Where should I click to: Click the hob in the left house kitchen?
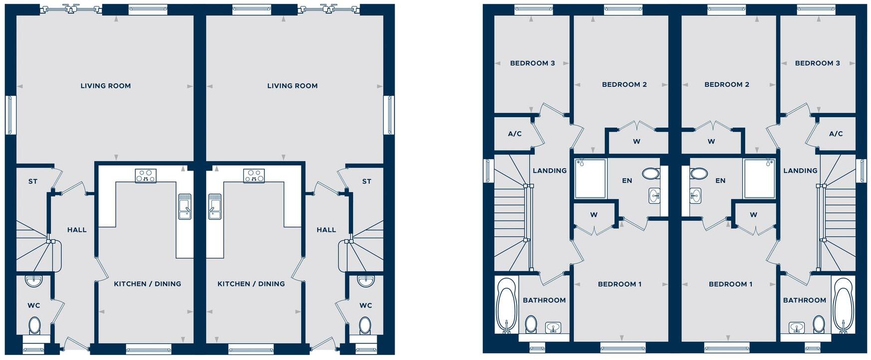(145, 176)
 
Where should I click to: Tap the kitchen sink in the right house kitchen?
(215, 206)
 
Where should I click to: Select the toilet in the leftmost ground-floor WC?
(34, 326)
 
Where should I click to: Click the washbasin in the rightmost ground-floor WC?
(366, 281)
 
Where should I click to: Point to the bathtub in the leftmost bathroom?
(506, 304)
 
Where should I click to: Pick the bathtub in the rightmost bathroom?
(844, 304)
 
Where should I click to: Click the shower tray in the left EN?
(590, 179)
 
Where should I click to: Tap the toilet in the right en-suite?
(698, 174)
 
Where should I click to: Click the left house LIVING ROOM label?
(105, 86)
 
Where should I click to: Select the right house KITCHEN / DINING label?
(251, 284)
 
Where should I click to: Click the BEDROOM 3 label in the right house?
(817, 63)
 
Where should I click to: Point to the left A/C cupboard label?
(514, 134)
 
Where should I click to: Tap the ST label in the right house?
(367, 181)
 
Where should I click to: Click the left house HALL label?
(77, 230)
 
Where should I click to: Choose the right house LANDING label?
(800, 171)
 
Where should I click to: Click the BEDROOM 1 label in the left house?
(620, 284)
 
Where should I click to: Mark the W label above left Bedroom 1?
(594, 215)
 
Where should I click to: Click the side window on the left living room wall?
(10, 115)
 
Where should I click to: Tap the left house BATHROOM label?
(544, 300)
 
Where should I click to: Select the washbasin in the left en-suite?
(655, 196)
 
